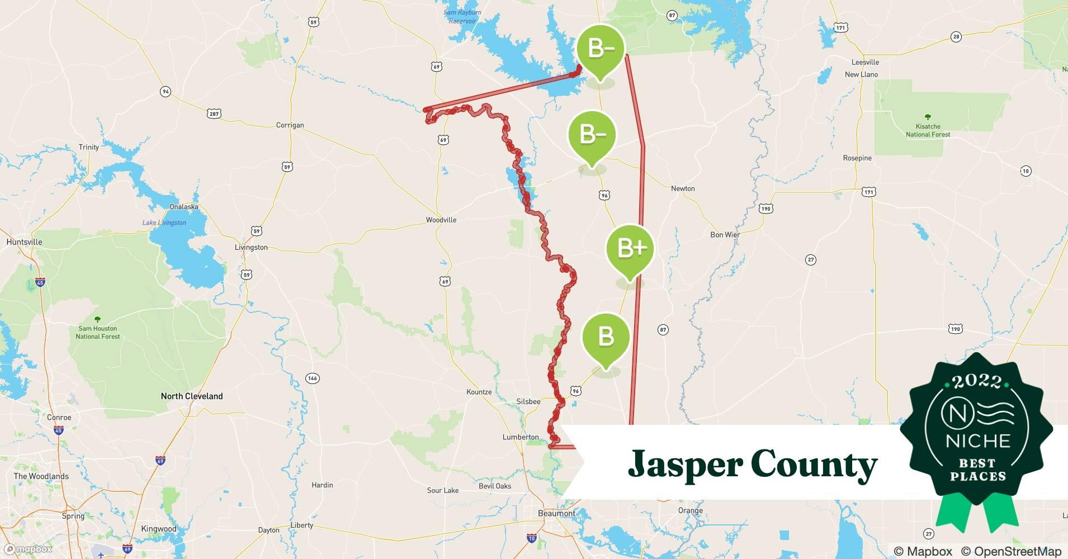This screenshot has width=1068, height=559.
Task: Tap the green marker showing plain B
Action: [x=606, y=337]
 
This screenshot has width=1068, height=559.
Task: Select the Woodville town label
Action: [x=441, y=220]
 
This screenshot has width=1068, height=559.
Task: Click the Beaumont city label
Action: [x=556, y=513]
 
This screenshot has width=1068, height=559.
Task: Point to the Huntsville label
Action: [x=24, y=242]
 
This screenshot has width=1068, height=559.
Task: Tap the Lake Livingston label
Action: [x=164, y=222]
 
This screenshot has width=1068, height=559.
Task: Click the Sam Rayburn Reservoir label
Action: [x=462, y=17]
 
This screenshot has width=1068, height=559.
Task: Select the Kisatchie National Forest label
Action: [x=928, y=130]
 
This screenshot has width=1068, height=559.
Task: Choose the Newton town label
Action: [x=683, y=188]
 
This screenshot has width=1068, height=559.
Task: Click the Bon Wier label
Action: [x=725, y=235]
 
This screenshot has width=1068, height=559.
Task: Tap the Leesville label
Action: [x=865, y=62]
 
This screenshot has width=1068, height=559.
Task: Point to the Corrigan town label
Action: [x=290, y=125]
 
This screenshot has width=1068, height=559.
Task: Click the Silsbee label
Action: [x=528, y=401]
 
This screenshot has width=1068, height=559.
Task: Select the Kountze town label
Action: [x=479, y=392]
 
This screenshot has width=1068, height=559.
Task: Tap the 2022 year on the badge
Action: [x=977, y=382]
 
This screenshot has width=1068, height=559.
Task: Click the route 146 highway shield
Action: [x=312, y=378]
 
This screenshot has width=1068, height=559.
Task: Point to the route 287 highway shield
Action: [x=214, y=113]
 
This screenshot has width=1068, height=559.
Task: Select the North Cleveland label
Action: [x=192, y=396]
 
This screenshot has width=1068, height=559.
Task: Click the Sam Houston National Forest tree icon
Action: [x=98, y=320]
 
